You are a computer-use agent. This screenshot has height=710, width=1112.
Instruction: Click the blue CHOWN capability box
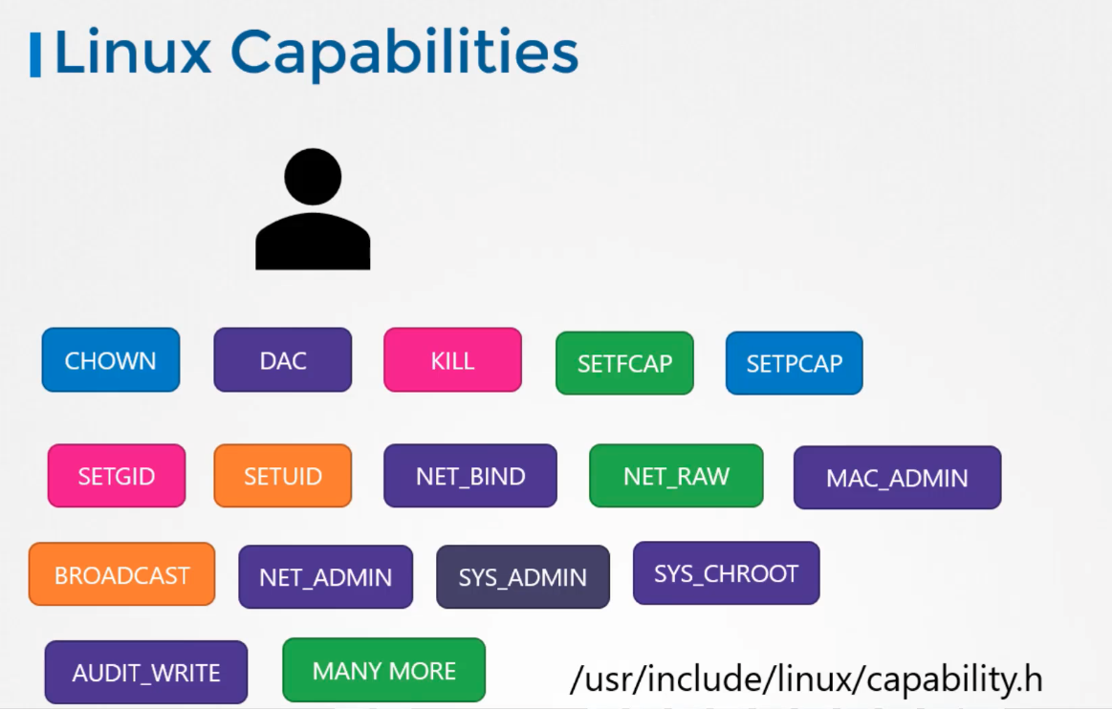coord(111,360)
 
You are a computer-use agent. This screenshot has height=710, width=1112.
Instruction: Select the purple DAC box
coord(282,360)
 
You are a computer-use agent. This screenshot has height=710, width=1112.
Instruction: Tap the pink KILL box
coord(452,360)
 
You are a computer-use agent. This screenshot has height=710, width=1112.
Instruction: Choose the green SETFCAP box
coord(624,363)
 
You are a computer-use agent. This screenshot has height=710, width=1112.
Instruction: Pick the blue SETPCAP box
coord(795,363)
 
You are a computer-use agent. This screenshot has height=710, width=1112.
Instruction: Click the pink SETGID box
coord(117,476)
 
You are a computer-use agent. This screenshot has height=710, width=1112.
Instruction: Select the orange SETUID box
coord(282,476)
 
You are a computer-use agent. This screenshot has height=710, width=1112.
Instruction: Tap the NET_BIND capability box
coord(470,476)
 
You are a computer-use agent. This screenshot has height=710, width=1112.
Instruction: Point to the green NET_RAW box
coord(676,476)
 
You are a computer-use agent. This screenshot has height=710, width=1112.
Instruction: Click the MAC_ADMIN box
coord(897,478)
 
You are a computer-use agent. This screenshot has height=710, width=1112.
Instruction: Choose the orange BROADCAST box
coord(122,574)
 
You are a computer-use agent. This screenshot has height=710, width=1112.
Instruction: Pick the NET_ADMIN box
coord(325,577)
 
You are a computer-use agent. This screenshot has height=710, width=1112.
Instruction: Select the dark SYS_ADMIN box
coord(523,577)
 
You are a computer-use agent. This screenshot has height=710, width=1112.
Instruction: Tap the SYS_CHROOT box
coord(727,573)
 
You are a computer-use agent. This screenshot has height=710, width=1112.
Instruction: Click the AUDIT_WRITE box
coord(146,673)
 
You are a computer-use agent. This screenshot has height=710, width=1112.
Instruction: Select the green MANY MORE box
coord(383,670)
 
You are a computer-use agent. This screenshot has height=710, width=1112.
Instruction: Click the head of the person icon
coord(313,177)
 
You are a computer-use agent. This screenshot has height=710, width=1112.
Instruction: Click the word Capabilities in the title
coord(404,54)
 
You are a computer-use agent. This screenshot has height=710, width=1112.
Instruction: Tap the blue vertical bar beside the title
coord(34,54)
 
